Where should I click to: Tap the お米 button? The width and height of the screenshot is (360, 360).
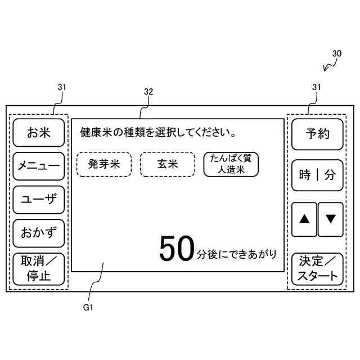[39, 133]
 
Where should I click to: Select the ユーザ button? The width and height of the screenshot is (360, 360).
[39, 200]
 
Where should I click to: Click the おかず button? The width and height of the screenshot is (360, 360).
[39, 232]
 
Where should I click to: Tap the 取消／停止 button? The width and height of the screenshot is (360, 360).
[39, 269]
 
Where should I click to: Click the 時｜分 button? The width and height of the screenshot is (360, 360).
[317, 175]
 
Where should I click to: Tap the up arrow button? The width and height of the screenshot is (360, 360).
[304, 219]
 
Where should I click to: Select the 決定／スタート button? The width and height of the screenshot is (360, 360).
[317, 269]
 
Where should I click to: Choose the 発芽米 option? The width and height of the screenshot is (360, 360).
[104, 164]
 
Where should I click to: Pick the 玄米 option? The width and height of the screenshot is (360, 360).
[167, 164]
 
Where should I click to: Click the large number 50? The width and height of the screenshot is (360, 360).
[176, 249]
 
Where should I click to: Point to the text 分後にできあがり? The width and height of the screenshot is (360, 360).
[237, 254]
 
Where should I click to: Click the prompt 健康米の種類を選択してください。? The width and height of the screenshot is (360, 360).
[157, 134]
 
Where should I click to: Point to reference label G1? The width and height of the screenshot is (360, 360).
[88, 308]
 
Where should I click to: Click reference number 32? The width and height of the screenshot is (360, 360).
[148, 91]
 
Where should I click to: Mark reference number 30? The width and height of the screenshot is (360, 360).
[336, 53]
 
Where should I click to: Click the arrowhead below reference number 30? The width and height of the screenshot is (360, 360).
[326, 70]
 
